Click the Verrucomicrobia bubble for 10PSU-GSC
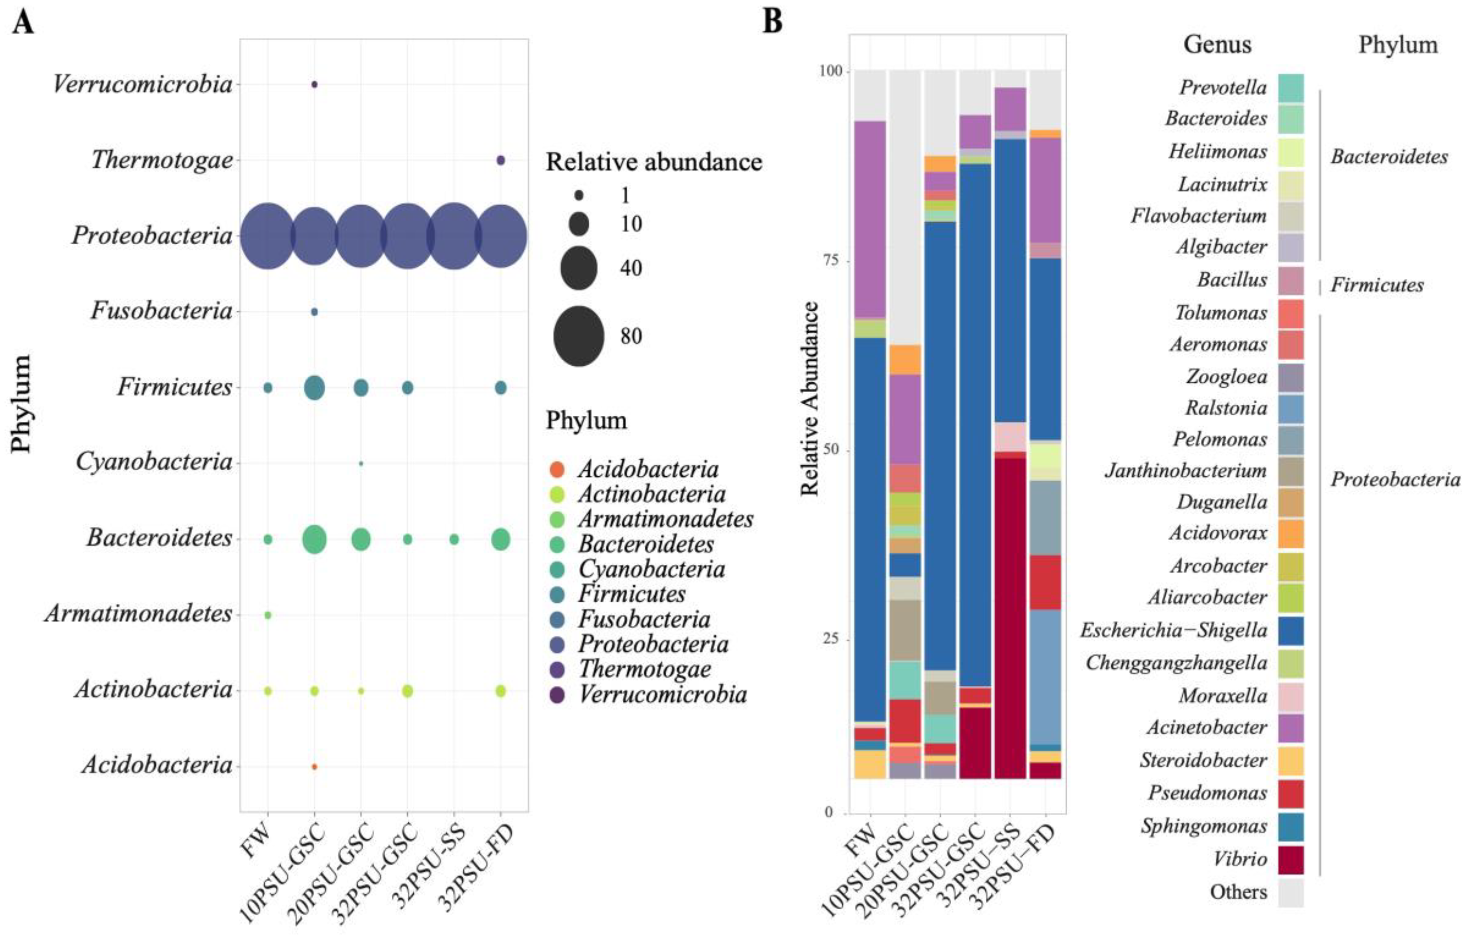[314, 85]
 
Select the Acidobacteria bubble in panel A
[314, 766]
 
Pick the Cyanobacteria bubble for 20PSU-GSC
[361, 463]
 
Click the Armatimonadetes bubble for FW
[267, 615]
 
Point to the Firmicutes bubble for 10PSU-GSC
[314, 388]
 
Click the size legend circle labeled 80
[578, 336]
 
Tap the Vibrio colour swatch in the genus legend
[1290, 860]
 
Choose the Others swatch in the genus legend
[1290, 893]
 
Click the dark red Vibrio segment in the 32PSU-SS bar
[1010, 616]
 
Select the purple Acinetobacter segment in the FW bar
[869, 219]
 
